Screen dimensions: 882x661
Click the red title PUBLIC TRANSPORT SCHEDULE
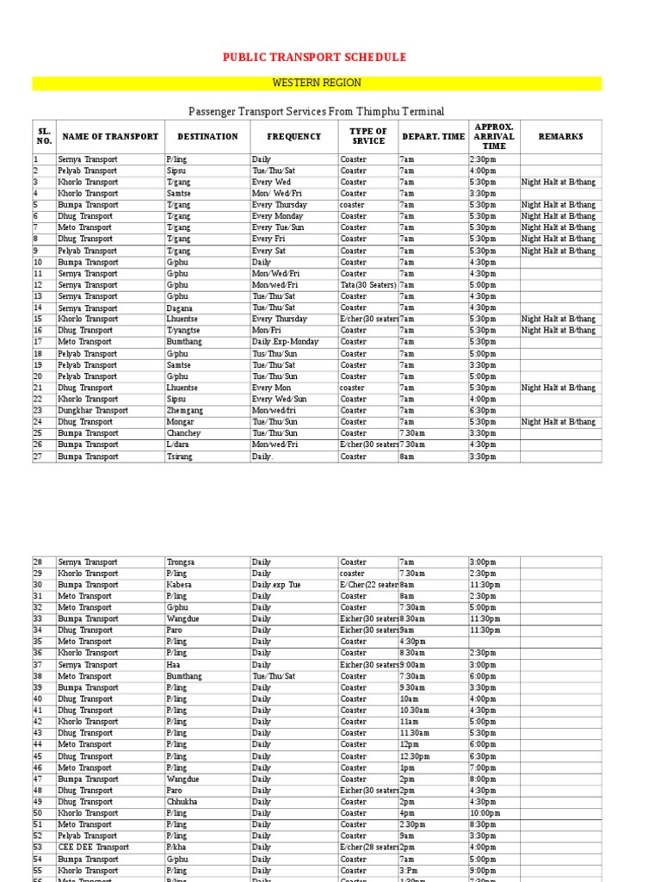pyautogui.click(x=314, y=58)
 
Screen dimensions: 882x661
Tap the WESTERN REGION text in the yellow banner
pyautogui.click(x=317, y=84)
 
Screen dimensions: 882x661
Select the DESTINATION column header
pyautogui.click(x=207, y=137)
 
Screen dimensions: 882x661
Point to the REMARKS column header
pyautogui.click(x=560, y=137)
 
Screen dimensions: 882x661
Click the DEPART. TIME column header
pyautogui.click(x=433, y=137)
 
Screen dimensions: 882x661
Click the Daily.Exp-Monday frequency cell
pyautogui.click(x=285, y=342)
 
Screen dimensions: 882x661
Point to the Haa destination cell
pyautogui.click(x=172, y=665)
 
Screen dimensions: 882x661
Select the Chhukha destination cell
pyautogui.click(x=181, y=802)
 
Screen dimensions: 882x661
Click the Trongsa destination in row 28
pyautogui.click(x=180, y=562)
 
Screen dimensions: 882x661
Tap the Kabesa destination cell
pyautogui.click(x=179, y=585)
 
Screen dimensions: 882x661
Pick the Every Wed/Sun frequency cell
pyautogui.click(x=279, y=400)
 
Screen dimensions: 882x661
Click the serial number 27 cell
pyautogui.click(x=38, y=457)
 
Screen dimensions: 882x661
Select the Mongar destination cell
pyautogui.click(x=179, y=422)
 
